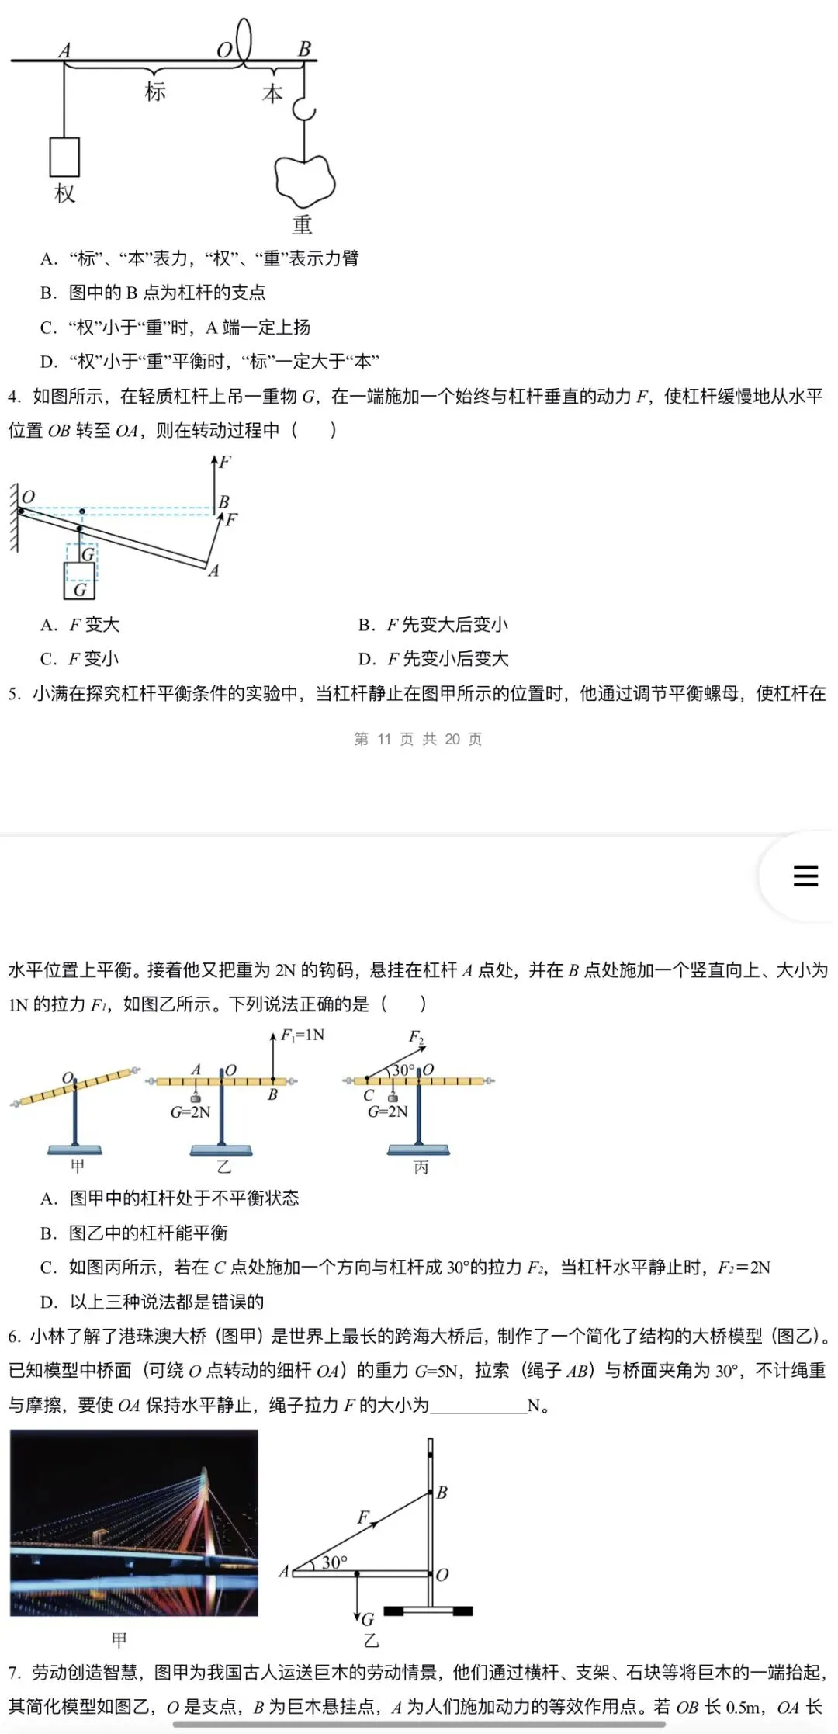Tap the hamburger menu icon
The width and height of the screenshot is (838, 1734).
click(805, 876)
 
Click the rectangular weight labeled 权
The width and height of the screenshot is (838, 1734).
click(64, 157)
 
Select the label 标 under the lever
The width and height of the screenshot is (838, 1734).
click(155, 92)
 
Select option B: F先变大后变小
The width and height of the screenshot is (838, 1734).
click(433, 625)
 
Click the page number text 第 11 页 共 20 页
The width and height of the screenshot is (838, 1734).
click(418, 739)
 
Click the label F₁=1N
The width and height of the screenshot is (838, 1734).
click(303, 1035)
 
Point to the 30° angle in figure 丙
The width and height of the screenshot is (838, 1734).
click(403, 1070)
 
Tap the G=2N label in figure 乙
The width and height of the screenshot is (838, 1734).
click(191, 1112)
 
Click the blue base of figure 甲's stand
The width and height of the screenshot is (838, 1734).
click(75, 1150)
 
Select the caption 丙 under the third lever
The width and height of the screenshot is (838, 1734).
click(421, 1167)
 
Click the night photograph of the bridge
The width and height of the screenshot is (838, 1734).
click(134, 1523)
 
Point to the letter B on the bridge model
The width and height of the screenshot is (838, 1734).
click(442, 1492)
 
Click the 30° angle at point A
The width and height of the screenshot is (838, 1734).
click(334, 1562)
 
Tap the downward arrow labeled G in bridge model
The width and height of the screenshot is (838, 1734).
click(358, 1599)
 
